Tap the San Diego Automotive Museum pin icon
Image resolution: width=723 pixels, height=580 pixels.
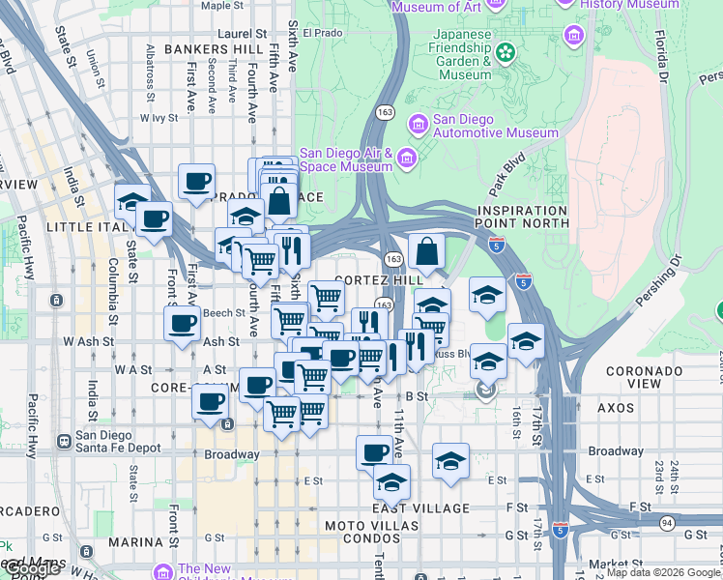coord(419,123)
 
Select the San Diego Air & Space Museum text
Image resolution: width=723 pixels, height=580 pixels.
coord(345,159)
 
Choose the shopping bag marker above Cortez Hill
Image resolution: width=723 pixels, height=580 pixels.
coord(426,253)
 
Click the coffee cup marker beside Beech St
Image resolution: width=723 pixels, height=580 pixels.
coord(183,324)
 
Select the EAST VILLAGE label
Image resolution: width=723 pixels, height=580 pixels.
coord(421,508)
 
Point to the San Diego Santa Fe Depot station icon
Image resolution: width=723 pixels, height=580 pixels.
coord(64,441)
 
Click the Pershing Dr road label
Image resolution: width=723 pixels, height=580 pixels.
coord(661,281)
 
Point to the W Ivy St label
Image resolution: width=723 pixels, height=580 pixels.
coord(159,118)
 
